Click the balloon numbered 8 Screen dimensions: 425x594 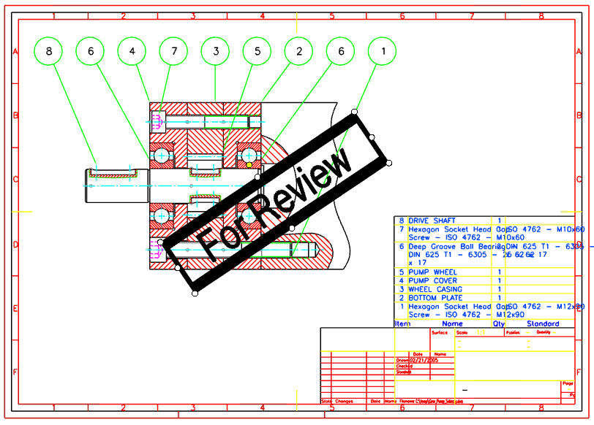point(49,51)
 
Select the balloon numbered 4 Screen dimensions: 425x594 point(132,51)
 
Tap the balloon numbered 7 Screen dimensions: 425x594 point(174,51)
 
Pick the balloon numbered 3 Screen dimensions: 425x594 point(216,51)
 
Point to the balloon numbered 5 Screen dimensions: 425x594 point(257,51)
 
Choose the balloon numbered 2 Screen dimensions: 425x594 point(299,51)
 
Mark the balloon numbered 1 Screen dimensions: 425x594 point(383,51)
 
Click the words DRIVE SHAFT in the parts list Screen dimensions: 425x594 point(432,221)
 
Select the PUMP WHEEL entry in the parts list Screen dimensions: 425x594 point(432,272)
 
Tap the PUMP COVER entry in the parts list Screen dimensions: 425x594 point(432,280)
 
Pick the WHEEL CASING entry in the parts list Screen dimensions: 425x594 point(435,289)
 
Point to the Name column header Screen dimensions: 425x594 point(453,323)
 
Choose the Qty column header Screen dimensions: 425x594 point(499,323)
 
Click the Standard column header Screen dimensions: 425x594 point(543,323)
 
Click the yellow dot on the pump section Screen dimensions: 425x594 point(249,165)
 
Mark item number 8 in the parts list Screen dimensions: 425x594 point(401,221)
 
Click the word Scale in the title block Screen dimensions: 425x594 point(460,332)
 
